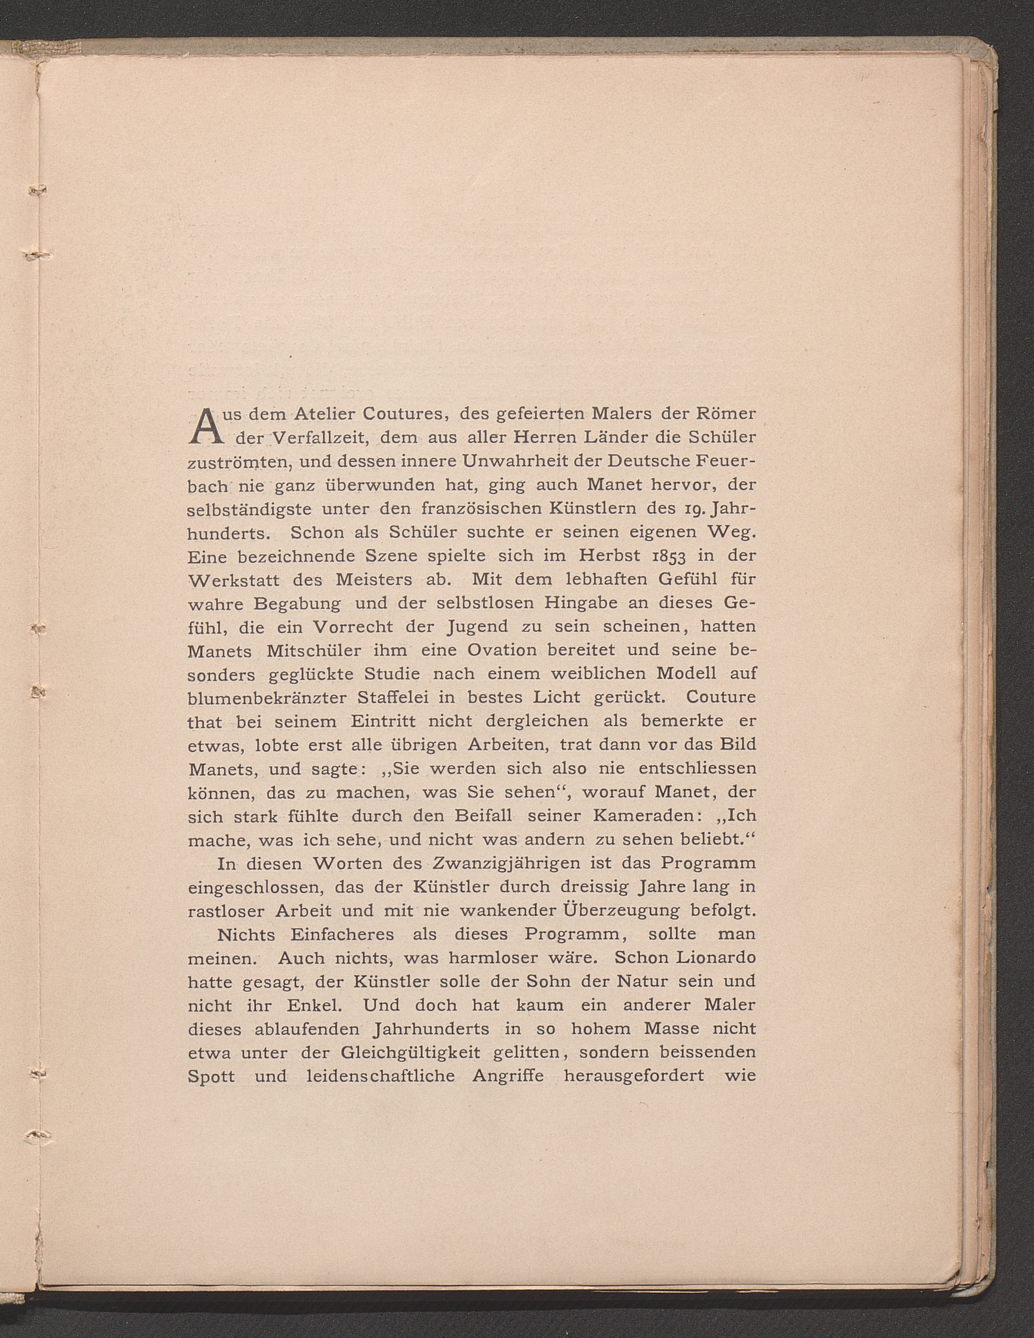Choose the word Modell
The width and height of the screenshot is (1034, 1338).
click(686, 674)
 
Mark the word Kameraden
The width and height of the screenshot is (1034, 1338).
click(659, 816)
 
